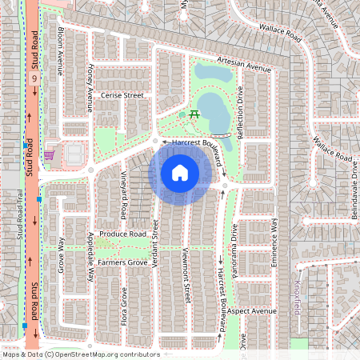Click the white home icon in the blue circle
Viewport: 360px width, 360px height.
coord(180,172)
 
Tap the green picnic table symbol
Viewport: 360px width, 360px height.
coord(194,114)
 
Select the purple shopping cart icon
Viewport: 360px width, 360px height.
coord(50,154)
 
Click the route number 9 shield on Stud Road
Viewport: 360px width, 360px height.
coord(34,79)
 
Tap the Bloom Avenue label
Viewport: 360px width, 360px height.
coord(61,50)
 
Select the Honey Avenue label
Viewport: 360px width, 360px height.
coord(90,82)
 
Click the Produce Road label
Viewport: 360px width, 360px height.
coord(122,234)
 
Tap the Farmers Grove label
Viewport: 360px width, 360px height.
coord(122,262)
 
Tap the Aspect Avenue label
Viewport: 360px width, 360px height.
coord(251,310)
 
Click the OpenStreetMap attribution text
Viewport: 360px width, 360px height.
coord(80,354)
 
